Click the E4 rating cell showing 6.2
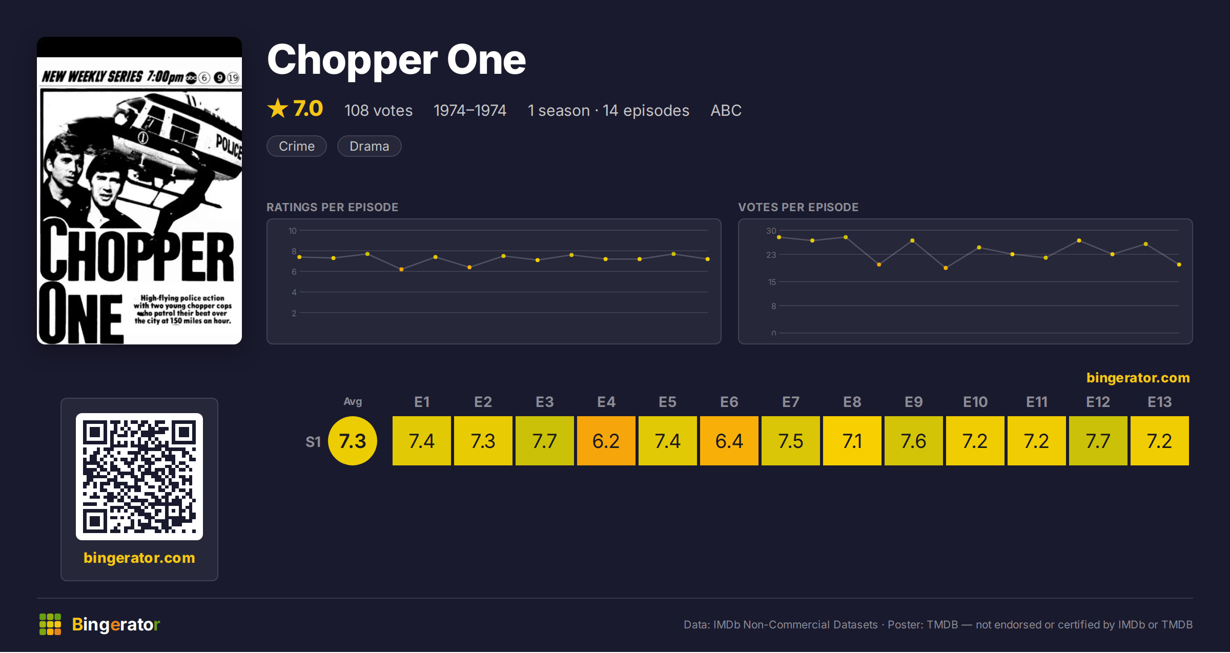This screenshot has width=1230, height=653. click(x=606, y=441)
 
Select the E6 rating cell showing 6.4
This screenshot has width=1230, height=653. click(x=729, y=441)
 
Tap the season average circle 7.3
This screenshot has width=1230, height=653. click(x=353, y=441)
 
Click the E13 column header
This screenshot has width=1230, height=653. click(x=1159, y=402)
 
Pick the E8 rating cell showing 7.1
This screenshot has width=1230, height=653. click(x=852, y=441)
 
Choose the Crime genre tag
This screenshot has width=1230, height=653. click(x=297, y=146)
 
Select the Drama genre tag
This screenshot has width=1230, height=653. click(x=369, y=146)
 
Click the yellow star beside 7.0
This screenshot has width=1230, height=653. click(x=278, y=108)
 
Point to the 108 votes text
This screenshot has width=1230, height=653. click(x=378, y=110)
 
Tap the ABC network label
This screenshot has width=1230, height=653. click(x=726, y=110)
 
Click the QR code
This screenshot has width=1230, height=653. click(x=139, y=477)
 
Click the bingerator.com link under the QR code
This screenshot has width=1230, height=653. click(x=139, y=558)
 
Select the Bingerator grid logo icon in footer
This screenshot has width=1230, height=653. click(x=50, y=624)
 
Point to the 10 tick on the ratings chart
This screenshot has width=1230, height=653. click(x=293, y=231)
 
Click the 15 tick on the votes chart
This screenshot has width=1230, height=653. click(x=772, y=282)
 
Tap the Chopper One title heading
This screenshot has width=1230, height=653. click(x=396, y=60)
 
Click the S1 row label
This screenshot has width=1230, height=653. click(x=313, y=441)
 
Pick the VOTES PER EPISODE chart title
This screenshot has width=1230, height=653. click(x=798, y=207)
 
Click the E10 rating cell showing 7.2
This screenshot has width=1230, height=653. click(x=975, y=441)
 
